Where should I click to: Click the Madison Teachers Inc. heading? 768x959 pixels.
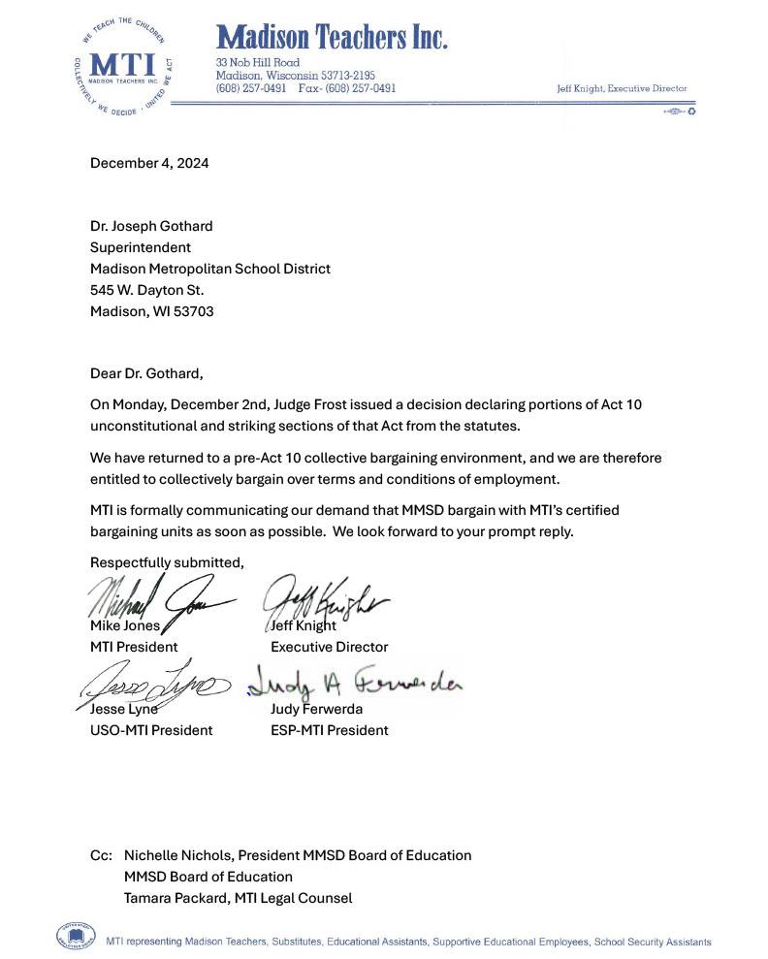click(332, 38)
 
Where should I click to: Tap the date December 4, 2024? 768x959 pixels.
click(149, 163)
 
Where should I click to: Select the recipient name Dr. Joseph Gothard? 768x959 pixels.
click(151, 226)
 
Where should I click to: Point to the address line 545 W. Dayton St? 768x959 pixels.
click(147, 290)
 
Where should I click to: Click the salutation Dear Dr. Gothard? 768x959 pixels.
click(147, 373)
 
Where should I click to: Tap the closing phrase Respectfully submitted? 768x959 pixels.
click(167, 562)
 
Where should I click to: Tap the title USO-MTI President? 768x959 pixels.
click(151, 730)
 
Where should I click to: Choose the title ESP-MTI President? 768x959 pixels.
click(330, 730)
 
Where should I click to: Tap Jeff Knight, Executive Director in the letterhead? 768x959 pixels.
click(622, 88)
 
